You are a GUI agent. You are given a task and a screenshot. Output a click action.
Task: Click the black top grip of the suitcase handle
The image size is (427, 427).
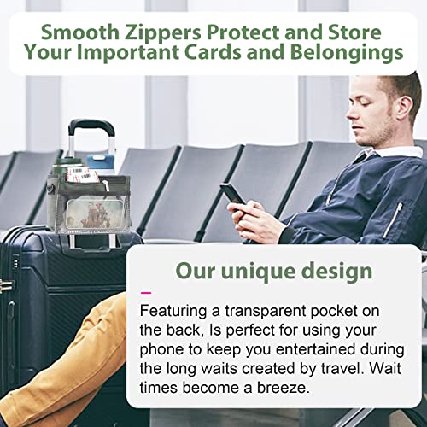[91, 126]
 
